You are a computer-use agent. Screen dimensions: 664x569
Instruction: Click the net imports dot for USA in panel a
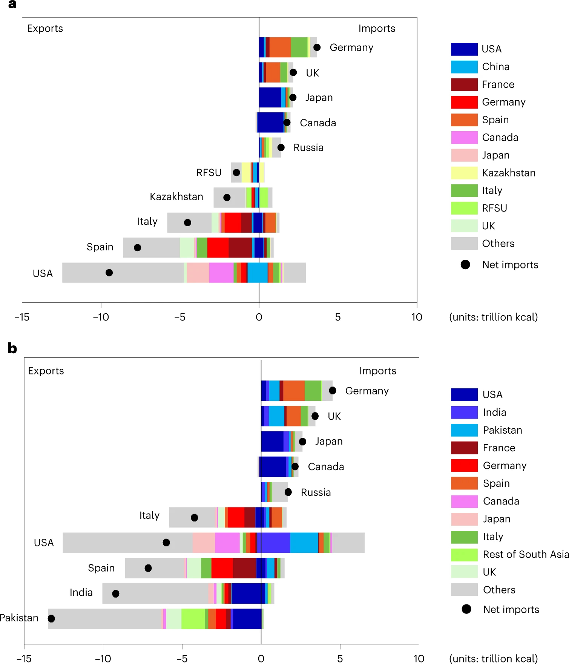point(109,273)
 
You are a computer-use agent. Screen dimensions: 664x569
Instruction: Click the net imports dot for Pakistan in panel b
point(51,618)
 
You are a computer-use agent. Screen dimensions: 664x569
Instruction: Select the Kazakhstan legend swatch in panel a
point(464,173)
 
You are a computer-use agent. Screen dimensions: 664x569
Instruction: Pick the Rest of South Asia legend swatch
point(464,555)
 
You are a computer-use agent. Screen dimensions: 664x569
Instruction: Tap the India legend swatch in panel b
point(464,413)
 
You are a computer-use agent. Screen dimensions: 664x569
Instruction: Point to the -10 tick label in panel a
point(101,317)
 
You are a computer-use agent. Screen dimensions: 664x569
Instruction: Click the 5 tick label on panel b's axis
point(340,658)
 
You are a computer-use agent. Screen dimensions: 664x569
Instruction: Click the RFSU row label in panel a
point(209,173)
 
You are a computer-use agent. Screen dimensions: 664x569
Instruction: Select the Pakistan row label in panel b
point(19,618)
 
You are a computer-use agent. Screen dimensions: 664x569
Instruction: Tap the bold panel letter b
point(12,348)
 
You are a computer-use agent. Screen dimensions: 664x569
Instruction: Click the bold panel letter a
point(12,5)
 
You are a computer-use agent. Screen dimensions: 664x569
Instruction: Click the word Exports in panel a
point(45,29)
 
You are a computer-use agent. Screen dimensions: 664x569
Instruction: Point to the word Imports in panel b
point(377,371)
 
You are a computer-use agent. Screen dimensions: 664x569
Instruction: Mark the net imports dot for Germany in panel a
point(317,47)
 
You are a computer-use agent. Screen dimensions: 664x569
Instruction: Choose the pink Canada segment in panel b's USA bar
point(227,543)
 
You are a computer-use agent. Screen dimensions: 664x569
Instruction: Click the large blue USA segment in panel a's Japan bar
point(270,97)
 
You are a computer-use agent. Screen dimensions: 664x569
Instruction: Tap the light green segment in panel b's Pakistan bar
point(193,619)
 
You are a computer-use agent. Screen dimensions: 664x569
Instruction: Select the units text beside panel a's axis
point(493,317)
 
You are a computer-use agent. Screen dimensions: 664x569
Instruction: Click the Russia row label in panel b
point(316,492)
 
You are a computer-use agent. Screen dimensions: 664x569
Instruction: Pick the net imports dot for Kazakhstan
point(227,198)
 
